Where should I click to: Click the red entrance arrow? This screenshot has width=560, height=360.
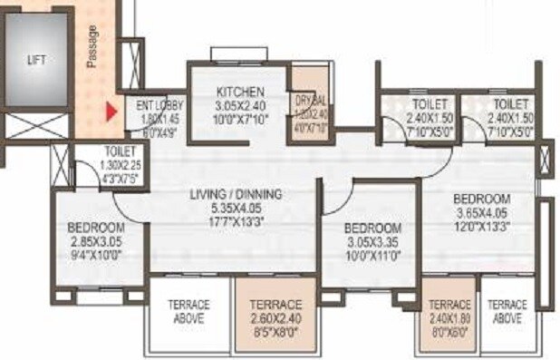pos(111,113)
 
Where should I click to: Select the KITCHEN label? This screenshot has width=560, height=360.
pos(240,92)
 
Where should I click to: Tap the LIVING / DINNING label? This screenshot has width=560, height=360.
pos(236,194)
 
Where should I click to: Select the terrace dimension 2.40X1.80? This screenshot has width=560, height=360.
pos(449,318)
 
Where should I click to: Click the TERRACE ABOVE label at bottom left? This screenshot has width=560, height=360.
pos(188,312)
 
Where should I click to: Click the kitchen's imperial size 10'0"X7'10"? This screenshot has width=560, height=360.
pos(240,117)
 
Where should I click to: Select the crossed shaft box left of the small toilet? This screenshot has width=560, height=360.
pos(60,165)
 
